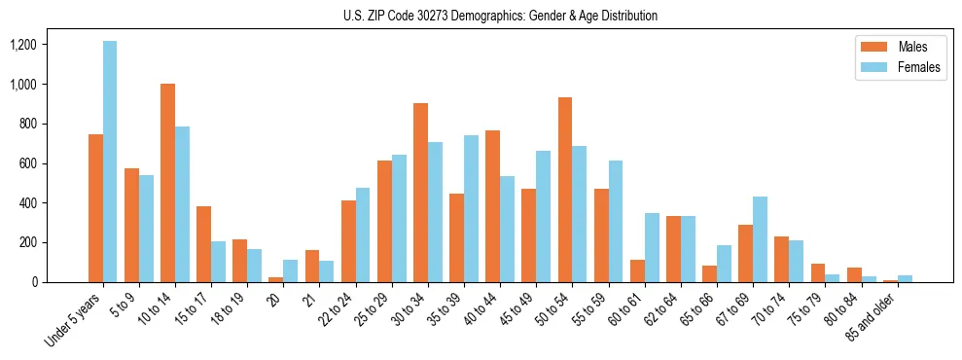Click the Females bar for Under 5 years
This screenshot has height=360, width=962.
click(x=110, y=162)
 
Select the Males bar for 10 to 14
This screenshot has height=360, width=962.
click(x=168, y=183)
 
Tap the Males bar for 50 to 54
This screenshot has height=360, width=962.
click(x=565, y=190)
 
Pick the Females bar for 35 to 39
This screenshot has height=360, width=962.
click(x=471, y=209)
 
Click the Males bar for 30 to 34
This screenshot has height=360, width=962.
click(x=420, y=193)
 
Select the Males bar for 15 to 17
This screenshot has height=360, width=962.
click(x=204, y=244)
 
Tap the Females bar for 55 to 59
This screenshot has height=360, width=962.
click(x=616, y=221)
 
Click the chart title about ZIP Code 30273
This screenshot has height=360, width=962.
click(x=500, y=16)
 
